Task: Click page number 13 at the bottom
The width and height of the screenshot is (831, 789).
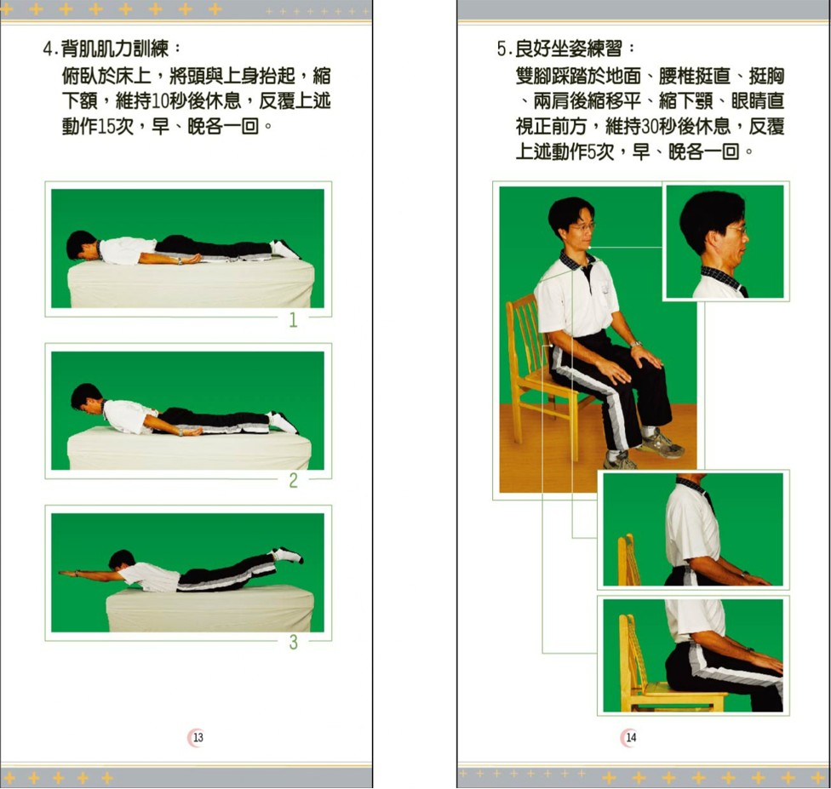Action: click(x=198, y=737)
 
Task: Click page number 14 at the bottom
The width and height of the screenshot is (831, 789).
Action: click(x=631, y=737)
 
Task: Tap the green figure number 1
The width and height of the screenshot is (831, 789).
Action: click(x=293, y=319)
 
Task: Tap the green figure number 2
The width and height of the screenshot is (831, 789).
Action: click(x=293, y=481)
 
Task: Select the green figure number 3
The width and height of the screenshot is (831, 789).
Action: click(x=293, y=643)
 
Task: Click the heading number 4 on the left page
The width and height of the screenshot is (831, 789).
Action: click(x=49, y=49)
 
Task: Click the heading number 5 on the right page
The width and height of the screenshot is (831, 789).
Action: click(x=501, y=49)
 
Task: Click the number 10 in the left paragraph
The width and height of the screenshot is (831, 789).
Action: click(x=161, y=100)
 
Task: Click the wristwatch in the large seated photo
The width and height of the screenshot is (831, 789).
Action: click(x=636, y=345)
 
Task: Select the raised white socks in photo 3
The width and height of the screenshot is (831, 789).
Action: click(x=287, y=555)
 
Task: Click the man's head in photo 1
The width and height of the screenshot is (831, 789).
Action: click(x=80, y=245)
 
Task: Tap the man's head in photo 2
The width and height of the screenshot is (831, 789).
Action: click(x=86, y=397)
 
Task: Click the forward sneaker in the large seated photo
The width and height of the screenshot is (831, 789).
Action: click(x=662, y=444)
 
